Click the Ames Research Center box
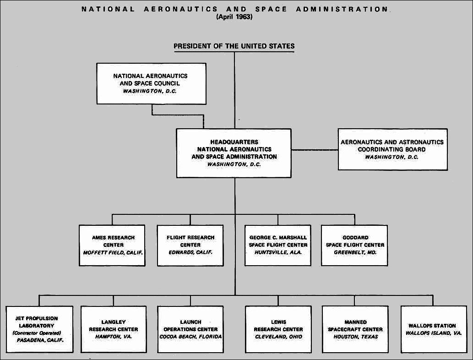click(x=112, y=245)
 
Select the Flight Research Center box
click(x=190, y=245)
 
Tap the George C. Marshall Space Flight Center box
click(x=278, y=245)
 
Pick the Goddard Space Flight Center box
click(x=354, y=245)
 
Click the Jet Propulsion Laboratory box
click(x=40, y=329)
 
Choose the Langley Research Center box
click(x=113, y=329)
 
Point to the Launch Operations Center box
click(x=190, y=329)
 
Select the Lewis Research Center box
click(x=278, y=329)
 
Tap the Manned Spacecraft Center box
click(x=355, y=329)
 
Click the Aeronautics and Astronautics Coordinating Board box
click(x=392, y=149)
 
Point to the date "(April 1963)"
click(x=234, y=17)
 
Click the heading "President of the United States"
click(x=234, y=46)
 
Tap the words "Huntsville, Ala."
click(x=278, y=252)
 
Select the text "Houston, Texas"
click(x=355, y=337)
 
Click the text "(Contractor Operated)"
click(x=37, y=333)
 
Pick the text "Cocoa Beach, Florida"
click(x=190, y=337)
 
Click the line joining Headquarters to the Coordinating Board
click(x=315, y=150)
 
